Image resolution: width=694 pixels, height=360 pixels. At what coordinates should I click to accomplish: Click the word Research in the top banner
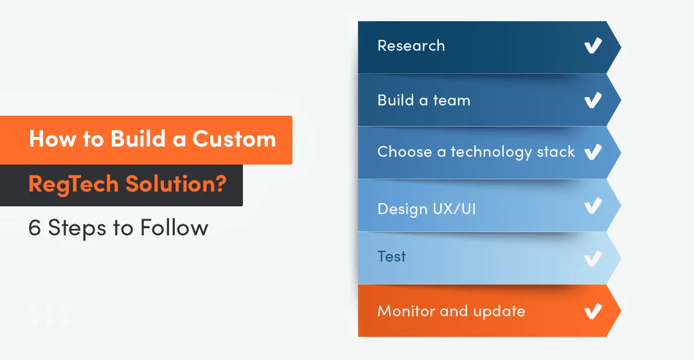click(411, 46)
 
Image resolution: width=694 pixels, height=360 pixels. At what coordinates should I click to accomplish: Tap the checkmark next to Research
click(592, 46)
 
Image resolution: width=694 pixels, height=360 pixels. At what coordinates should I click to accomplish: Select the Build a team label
click(423, 100)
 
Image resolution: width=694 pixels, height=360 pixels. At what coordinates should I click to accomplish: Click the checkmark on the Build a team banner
click(592, 100)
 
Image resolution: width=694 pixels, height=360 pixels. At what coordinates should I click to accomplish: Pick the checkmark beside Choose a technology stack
click(592, 152)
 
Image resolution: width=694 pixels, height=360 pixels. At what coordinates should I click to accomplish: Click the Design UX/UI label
click(426, 209)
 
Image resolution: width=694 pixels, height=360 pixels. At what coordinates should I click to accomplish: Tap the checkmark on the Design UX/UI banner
click(592, 206)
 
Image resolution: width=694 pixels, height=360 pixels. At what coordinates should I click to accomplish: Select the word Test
click(391, 256)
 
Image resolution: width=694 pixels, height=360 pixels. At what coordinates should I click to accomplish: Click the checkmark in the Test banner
click(592, 258)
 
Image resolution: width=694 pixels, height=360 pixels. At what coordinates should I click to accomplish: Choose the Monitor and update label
click(451, 312)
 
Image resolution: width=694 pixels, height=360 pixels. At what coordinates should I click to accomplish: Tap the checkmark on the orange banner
click(592, 312)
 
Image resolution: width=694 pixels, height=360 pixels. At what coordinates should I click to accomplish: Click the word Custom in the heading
click(235, 139)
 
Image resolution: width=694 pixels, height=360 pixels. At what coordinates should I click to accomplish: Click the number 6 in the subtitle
click(34, 228)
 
